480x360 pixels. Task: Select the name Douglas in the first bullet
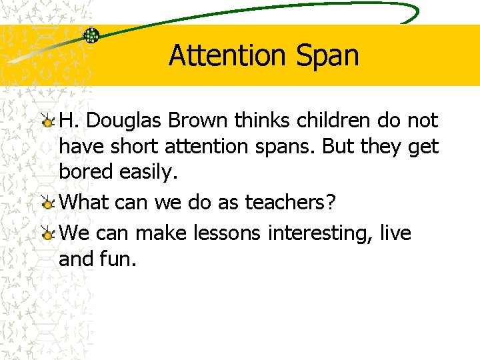point(125,121)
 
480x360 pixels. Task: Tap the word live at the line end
point(396,233)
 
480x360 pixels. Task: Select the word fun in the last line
point(121,259)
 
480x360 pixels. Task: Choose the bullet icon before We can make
point(48,234)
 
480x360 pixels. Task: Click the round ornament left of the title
point(91,35)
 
